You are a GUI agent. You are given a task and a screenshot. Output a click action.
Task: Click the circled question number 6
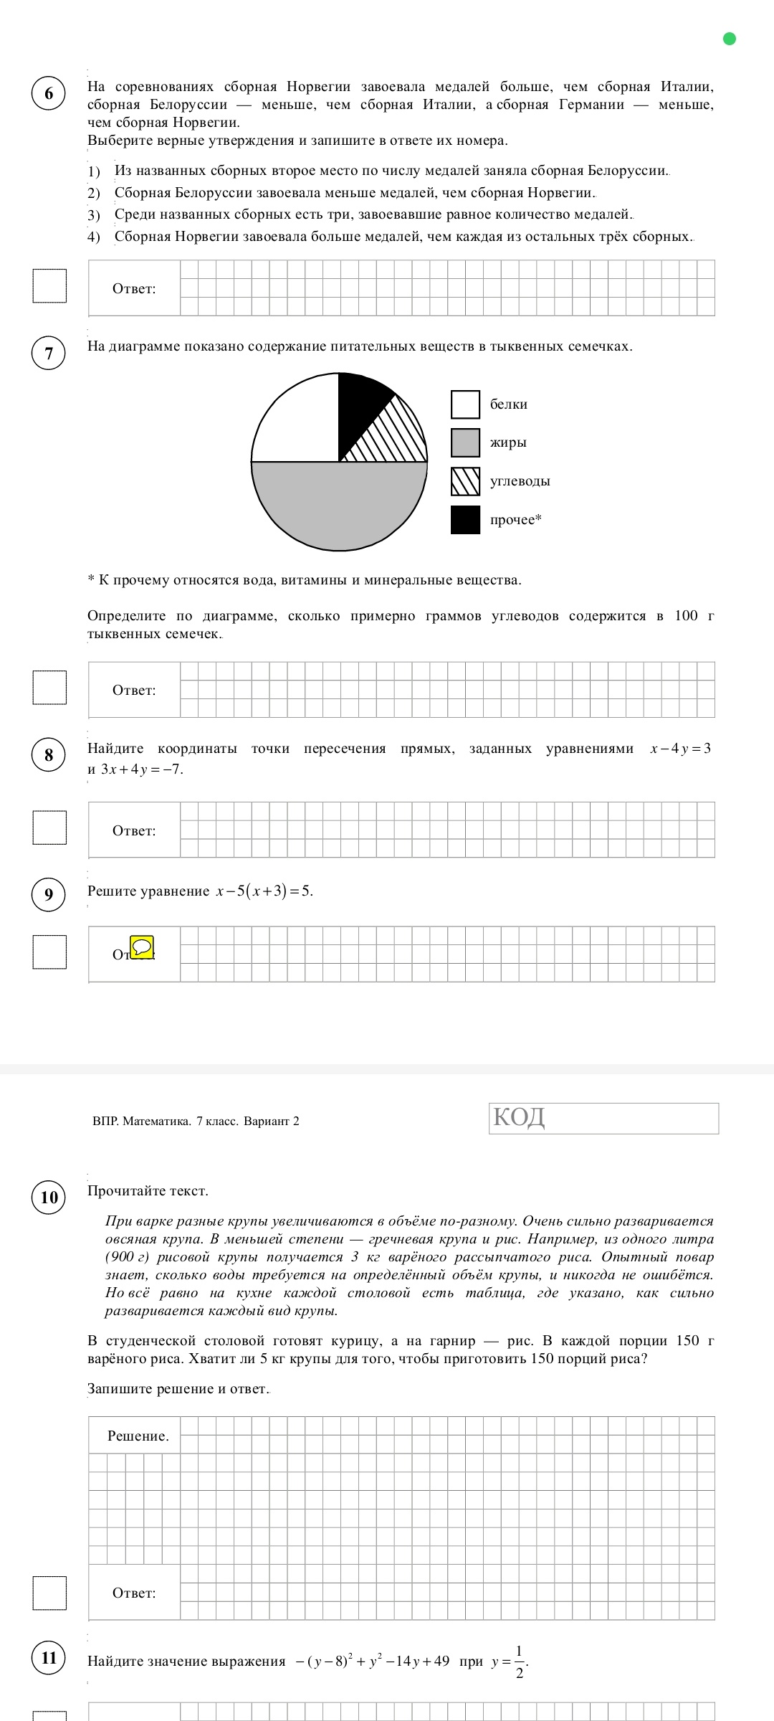pyautogui.click(x=49, y=94)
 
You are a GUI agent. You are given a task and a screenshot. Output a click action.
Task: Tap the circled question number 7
pyautogui.click(x=49, y=354)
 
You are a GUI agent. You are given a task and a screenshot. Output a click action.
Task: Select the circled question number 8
pyautogui.click(x=49, y=755)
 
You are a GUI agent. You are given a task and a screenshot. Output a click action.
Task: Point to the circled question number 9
pyautogui.click(x=49, y=894)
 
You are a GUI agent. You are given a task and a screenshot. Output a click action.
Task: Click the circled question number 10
pyautogui.click(x=49, y=1197)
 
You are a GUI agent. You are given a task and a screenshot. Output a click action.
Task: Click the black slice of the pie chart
pyautogui.click(x=359, y=409)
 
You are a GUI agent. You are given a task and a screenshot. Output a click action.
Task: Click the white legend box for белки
pyautogui.click(x=465, y=404)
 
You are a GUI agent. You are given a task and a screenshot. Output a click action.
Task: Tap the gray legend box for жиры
pyautogui.click(x=465, y=442)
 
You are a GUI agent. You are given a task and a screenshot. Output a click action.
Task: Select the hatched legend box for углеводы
pyautogui.click(x=465, y=481)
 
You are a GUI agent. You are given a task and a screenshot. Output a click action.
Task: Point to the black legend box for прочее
pyautogui.click(x=465, y=520)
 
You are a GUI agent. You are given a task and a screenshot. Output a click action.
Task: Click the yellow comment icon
pyautogui.click(x=143, y=947)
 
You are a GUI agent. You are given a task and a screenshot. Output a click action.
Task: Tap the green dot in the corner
pyautogui.click(x=730, y=39)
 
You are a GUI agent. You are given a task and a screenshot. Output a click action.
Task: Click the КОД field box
pyautogui.click(x=603, y=1118)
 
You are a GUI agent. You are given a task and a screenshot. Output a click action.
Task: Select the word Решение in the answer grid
pyautogui.click(x=138, y=1436)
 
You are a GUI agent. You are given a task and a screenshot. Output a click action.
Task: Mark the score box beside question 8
pyautogui.click(x=49, y=828)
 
